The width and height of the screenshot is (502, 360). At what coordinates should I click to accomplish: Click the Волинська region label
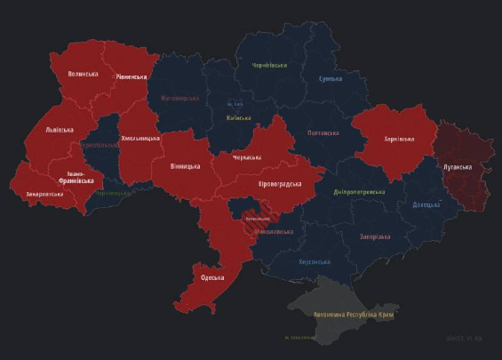(83, 74)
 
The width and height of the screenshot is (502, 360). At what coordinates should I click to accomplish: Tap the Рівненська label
(131, 77)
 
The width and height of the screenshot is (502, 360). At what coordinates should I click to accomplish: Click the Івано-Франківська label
(76, 177)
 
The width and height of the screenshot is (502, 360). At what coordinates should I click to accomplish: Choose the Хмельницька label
(139, 139)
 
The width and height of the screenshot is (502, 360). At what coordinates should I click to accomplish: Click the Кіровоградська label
(279, 184)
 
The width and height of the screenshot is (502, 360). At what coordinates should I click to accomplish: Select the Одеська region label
(211, 277)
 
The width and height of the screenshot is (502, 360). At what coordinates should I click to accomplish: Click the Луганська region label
(457, 167)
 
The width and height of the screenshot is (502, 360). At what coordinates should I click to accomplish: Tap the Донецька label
(426, 204)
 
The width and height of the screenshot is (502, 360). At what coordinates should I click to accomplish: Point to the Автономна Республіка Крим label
(355, 315)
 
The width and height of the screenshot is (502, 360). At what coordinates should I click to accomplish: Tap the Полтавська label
(323, 132)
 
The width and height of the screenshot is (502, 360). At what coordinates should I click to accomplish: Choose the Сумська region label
(331, 79)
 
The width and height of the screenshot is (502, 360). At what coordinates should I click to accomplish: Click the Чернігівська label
(269, 65)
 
